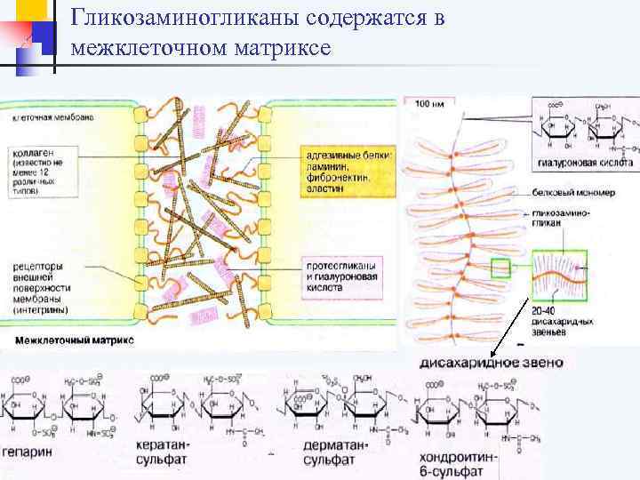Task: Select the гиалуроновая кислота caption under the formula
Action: pyautogui.click(x=585, y=164)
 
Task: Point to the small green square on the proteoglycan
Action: pyautogui.click(x=500, y=268)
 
